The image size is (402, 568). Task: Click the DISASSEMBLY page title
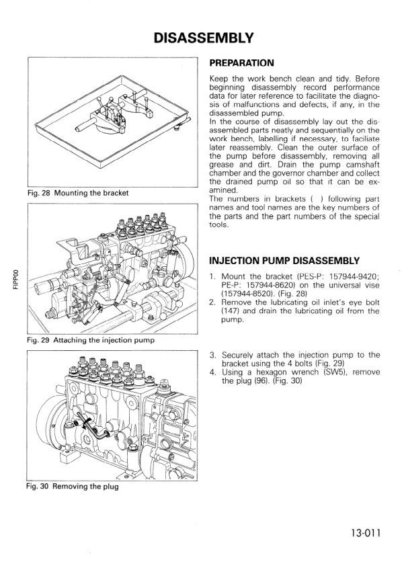click(203, 38)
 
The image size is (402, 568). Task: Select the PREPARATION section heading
click(241, 64)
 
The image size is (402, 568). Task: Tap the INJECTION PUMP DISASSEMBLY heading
click(285, 261)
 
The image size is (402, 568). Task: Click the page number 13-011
click(365, 534)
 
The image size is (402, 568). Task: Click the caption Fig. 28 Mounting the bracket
click(78, 194)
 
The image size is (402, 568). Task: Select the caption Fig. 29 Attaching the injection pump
click(91, 340)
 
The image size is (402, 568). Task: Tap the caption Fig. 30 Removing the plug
click(73, 486)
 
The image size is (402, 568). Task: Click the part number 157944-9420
click(350, 276)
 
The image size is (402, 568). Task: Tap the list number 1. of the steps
click(212, 276)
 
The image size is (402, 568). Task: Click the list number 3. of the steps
click(212, 354)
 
